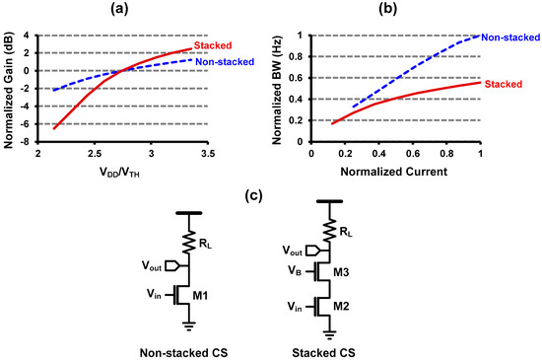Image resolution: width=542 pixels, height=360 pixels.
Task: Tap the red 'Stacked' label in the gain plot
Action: point(215,45)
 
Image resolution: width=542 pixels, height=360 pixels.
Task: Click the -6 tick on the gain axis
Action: point(27,123)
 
